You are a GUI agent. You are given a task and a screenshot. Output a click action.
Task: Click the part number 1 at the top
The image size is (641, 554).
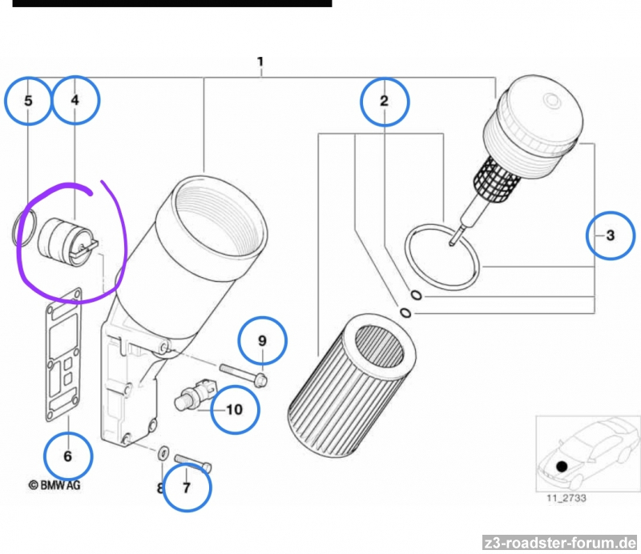tap(260, 62)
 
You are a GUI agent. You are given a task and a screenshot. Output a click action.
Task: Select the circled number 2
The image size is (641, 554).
tap(385, 101)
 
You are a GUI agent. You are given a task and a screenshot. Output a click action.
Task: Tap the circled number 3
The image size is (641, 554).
tap(610, 235)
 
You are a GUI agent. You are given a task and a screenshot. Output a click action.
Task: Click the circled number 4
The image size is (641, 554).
tap(75, 101)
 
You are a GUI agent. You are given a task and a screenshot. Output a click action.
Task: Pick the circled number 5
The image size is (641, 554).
tap(28, 102)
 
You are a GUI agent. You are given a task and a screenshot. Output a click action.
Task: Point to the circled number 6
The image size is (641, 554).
tap(67, 456)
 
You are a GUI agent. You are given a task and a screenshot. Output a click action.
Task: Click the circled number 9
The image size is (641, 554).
tap(261, 341)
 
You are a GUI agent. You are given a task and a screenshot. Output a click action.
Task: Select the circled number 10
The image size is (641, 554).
tap(234, 410)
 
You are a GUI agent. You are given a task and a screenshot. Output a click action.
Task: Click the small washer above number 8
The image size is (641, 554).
tap(161, 454)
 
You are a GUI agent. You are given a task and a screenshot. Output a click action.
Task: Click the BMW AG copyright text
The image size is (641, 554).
tap(54, 485)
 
